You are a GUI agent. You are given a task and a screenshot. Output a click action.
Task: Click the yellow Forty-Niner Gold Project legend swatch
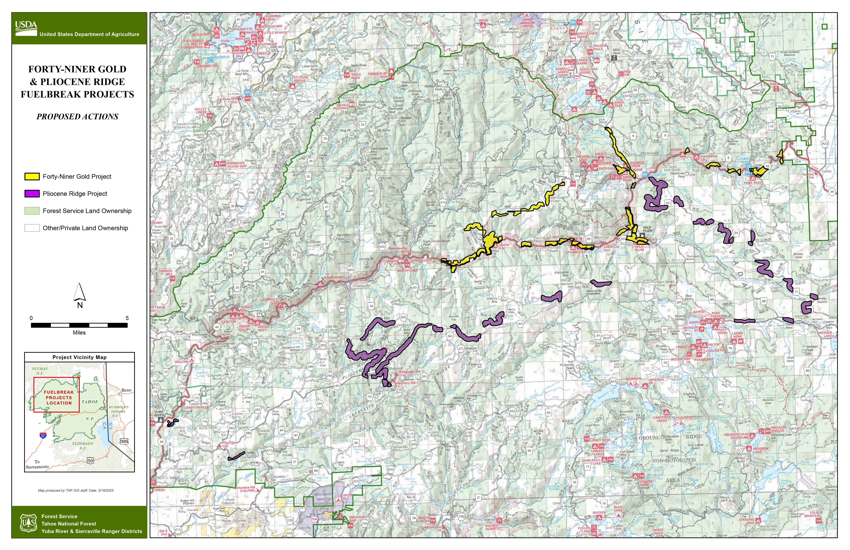tap(32, 176)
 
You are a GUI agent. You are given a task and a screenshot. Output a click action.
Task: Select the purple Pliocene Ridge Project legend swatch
tap(32, 193)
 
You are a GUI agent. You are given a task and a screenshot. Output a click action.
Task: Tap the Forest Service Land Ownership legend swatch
tap(32, 211)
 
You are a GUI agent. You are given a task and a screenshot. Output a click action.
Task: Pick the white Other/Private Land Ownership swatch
tap(32, 228)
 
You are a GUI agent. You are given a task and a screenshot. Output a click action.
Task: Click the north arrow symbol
tap(80, 292)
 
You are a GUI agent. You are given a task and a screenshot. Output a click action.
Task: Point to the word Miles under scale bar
tap(79, 332)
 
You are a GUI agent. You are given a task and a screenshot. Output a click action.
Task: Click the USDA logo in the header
tap(26, 28)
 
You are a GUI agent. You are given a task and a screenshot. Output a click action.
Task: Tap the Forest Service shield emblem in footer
tap(28, 523)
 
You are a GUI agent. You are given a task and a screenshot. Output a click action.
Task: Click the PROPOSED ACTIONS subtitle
tap(77, 116)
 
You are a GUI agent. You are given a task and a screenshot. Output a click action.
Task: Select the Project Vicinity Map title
tap(79, 357)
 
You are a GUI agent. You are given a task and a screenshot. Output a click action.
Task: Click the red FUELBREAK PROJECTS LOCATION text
tap(59, 397)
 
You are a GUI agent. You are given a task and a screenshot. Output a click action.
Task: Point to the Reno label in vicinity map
tap(126, 390)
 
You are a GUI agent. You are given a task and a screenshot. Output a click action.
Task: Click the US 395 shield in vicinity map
tap(123, 441)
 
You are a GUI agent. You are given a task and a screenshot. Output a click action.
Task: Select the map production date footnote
tap(76, 490)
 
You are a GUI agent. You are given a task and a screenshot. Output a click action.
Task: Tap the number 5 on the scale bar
tap(127, 318)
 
